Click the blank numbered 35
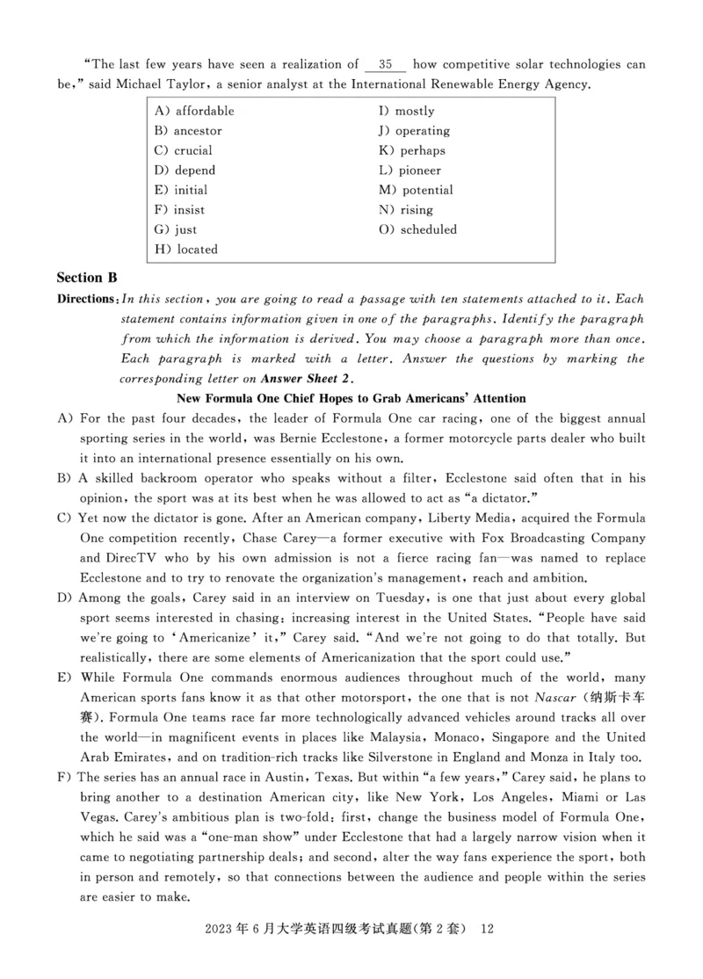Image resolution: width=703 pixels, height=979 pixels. tap(385, 65)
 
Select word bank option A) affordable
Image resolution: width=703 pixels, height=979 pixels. tap(194, 112)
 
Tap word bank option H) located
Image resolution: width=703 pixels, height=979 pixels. tap(185, 250)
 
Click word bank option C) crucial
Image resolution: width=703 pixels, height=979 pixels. tap(183, 151)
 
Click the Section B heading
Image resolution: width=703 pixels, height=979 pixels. tap(87, 278)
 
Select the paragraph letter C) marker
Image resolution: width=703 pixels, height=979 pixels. tap(63, 519)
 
